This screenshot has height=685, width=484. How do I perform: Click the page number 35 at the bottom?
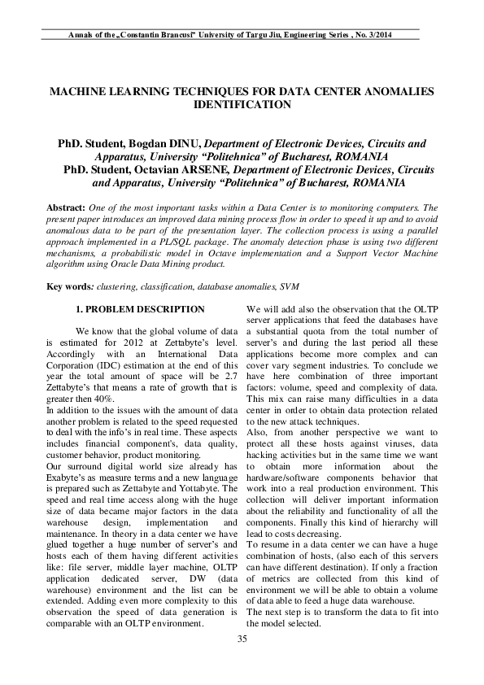242,661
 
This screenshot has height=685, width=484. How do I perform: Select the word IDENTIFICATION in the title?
241,105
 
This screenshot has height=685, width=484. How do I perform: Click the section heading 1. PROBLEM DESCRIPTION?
140,309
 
